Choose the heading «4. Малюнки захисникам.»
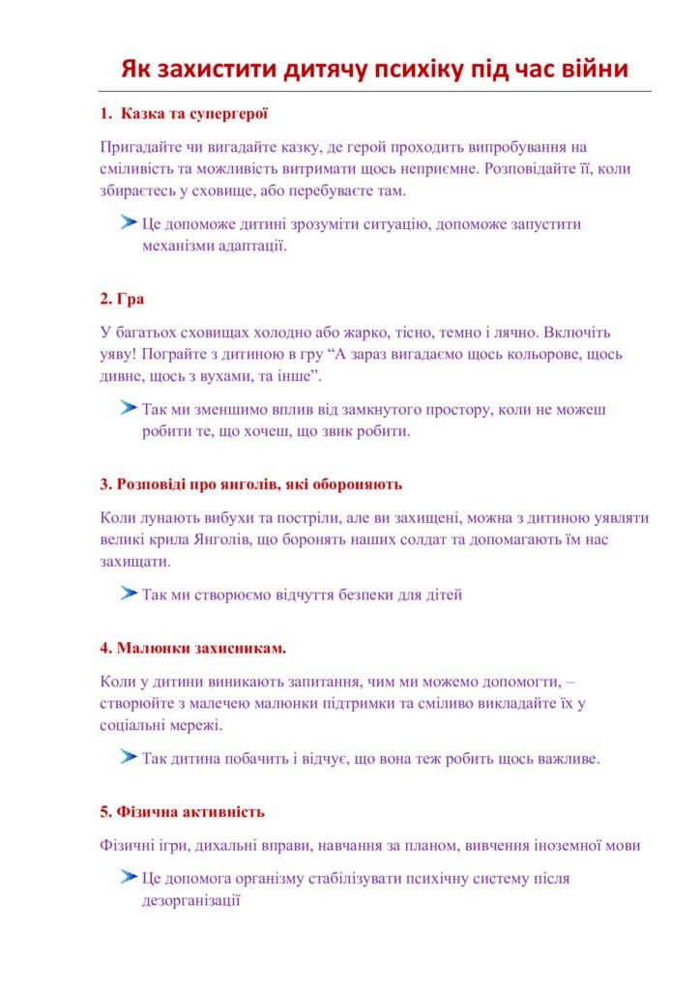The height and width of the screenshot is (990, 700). point(193,647)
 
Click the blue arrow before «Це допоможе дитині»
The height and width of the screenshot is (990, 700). point(128,223)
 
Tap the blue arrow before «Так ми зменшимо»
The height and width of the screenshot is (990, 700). point(128,409)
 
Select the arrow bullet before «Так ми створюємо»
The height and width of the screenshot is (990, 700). point(128,594)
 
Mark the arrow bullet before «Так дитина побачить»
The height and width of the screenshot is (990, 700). point(128,758)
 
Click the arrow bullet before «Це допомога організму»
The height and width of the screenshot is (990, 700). point(128,878)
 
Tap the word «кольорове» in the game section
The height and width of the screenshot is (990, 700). point(533,354)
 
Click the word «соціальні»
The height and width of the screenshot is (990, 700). point(133,725)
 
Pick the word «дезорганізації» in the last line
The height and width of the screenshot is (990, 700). point(190,900)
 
